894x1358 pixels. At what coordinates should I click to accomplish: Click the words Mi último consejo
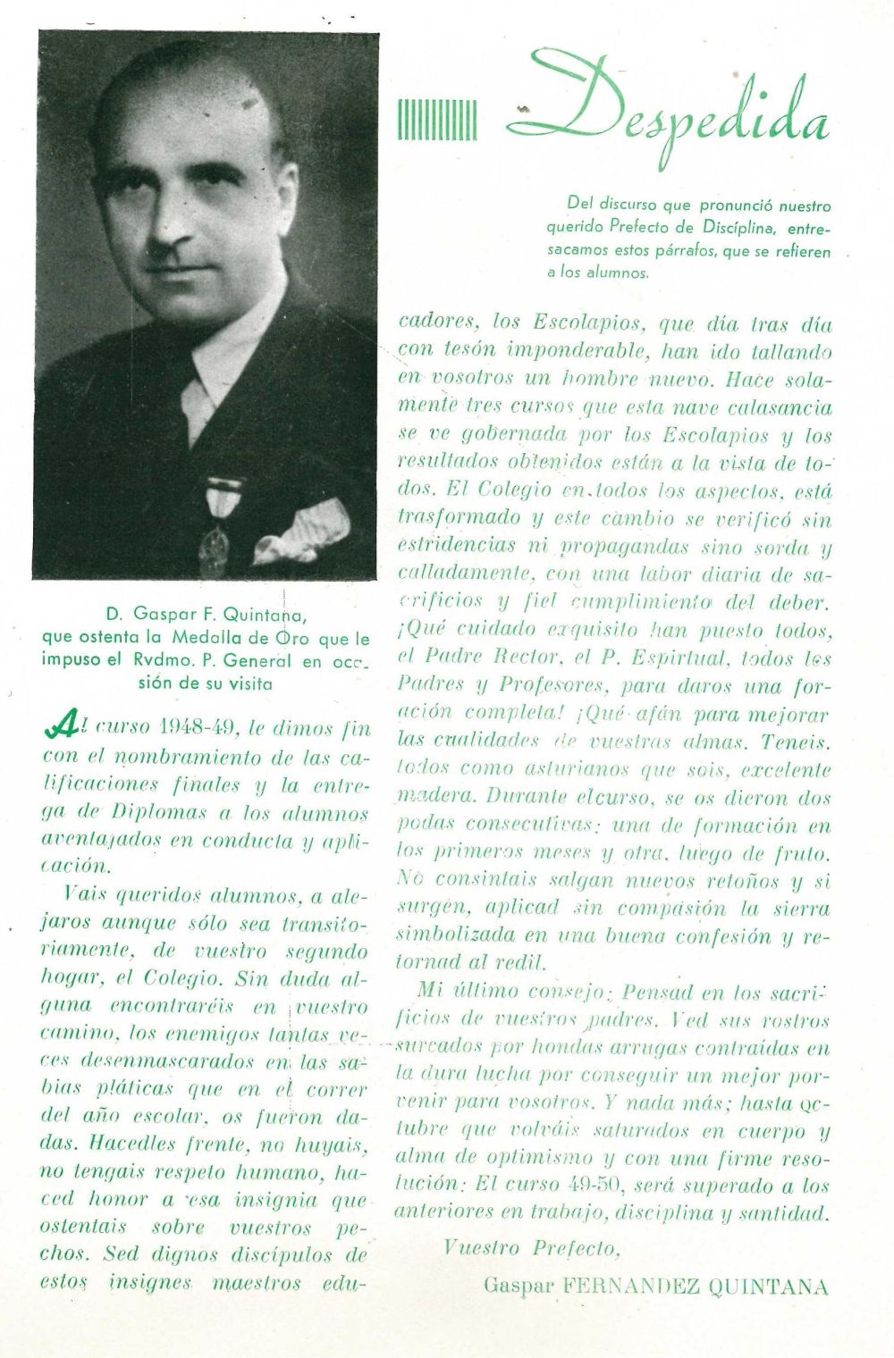(506, 993)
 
